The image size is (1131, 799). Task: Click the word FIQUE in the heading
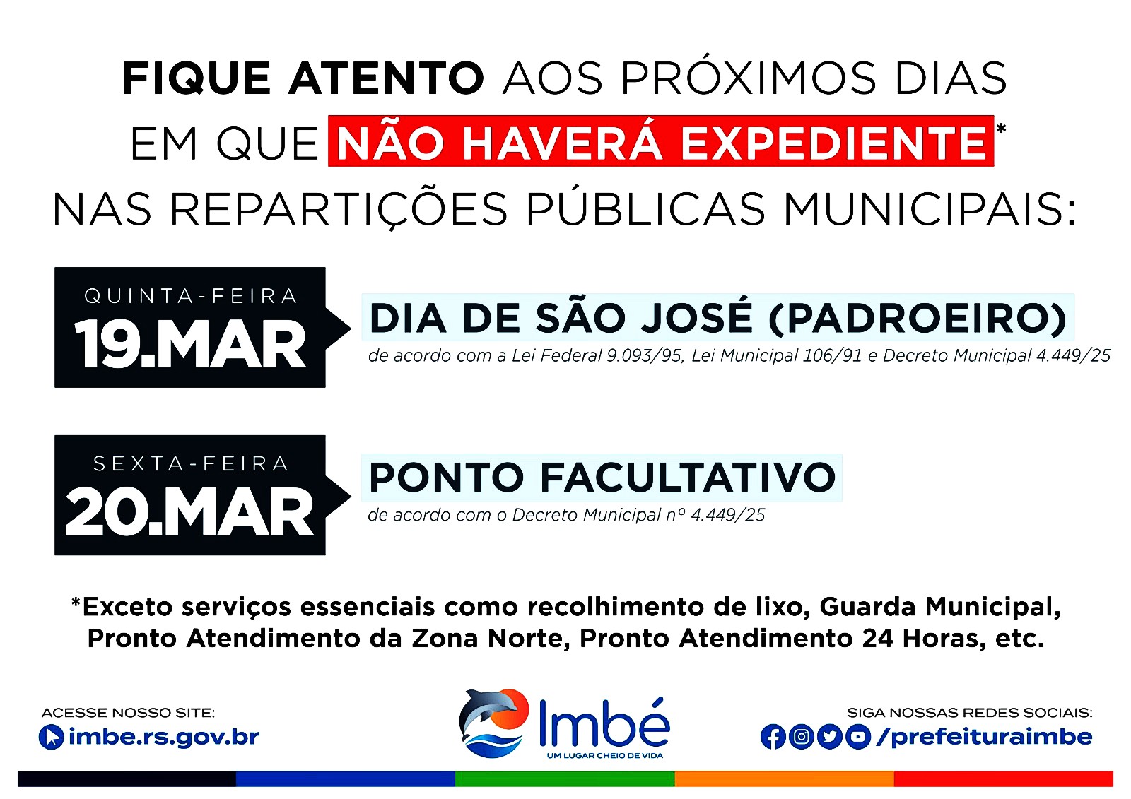(x=197, y=78)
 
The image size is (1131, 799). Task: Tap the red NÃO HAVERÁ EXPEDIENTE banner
(x=661, y=141)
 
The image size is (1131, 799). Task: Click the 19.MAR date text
(x=190, y=345)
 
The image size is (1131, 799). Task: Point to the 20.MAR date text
(x=189, y=511)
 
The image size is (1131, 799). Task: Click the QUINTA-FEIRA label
(x=190, y=296)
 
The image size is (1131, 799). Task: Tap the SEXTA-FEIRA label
(x=190, y=463)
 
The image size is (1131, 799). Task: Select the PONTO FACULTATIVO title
(x=602, y=477)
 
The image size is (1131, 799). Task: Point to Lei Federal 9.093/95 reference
(x=597, y=356)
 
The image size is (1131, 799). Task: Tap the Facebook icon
(x=773, y=736)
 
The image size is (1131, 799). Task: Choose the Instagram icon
(x=801, y=736)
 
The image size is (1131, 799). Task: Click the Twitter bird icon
(x=830, y=736)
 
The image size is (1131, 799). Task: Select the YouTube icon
(x=858, y=736)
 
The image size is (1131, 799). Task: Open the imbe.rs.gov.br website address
(x=164, y=737)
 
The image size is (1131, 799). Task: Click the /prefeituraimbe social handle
(x=984, y=737)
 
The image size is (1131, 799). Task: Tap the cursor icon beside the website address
(x=51, y=738)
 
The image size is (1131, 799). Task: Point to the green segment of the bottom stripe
(x=565, y=779)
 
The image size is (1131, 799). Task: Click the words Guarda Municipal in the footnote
(x=939, y=607)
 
